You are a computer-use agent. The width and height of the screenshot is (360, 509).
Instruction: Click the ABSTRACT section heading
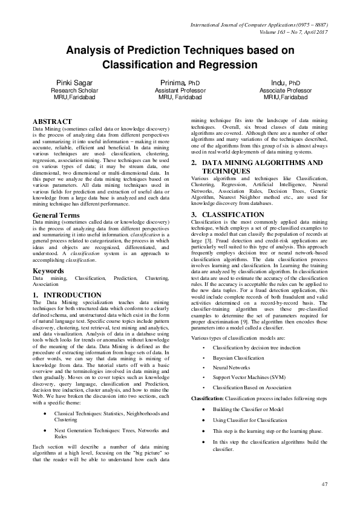[x=52, y=122]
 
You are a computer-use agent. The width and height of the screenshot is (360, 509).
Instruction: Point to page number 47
[x=324, y=485]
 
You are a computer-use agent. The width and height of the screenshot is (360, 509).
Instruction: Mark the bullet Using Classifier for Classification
[x=250, y=420]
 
